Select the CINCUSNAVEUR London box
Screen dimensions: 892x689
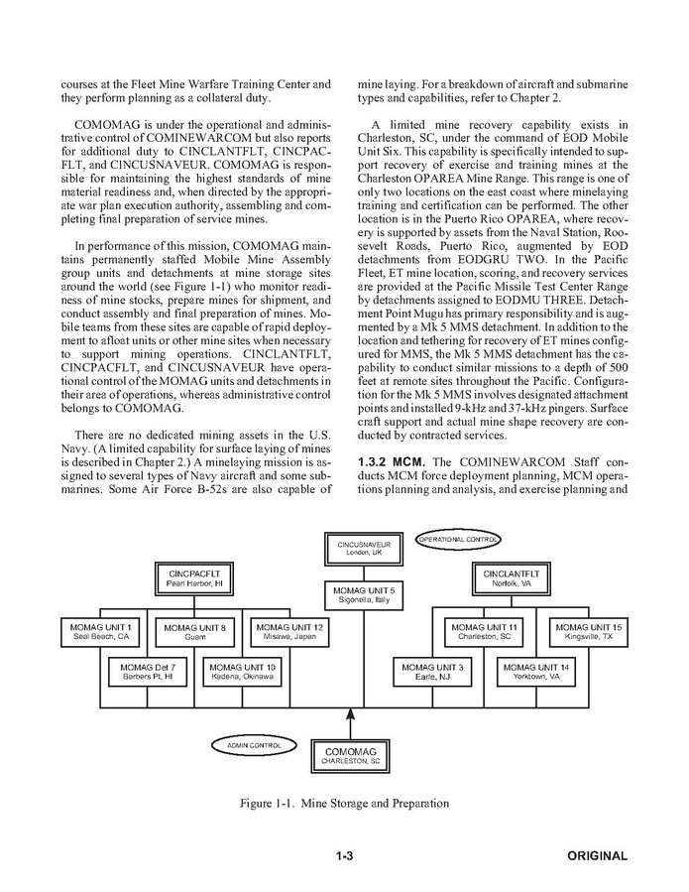click(x=364, y=549)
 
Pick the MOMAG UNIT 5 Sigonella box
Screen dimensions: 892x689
click(x=364, y=595)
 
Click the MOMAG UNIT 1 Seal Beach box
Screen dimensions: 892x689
click(x=101, y=632)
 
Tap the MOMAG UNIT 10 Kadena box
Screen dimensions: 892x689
click(x=243, y=672)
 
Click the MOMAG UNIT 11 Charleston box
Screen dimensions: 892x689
click(x=485, y=632)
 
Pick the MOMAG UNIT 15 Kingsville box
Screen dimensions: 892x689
click(x=589, y=632)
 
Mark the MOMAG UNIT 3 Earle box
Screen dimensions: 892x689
click(x=433, y=672)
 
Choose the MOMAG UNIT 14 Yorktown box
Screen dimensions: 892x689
click(x=536, y=672)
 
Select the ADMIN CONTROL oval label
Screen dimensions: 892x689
click(x=249, y=744)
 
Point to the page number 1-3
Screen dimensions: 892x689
click(x=345, y=856)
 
